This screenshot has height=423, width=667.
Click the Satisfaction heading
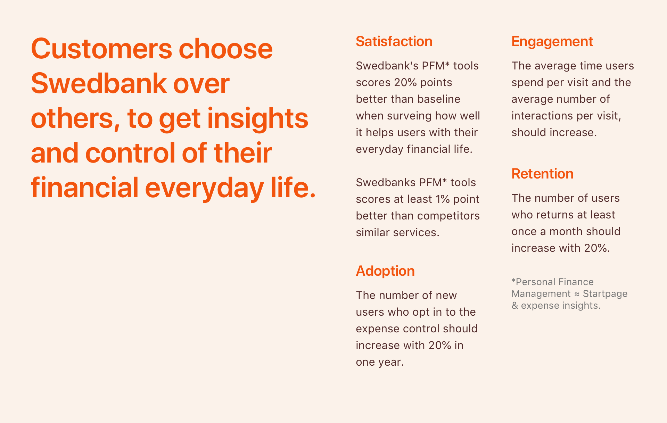[394, 41]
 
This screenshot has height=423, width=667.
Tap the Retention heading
[542, 174]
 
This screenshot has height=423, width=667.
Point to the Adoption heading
[385, 271]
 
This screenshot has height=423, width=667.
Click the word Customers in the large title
[101, 49]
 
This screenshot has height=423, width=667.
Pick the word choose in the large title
[225, 49]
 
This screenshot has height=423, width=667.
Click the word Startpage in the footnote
[605, 294]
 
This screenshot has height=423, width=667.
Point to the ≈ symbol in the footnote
[577, 294]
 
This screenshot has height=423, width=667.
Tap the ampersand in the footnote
[515, 306]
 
